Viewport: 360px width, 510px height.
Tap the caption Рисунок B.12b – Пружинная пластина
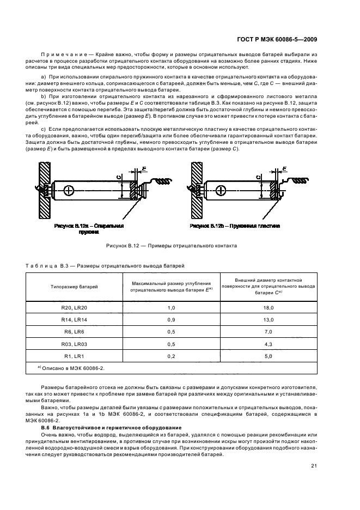[x=235, y=225]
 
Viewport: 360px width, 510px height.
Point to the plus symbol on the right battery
[x=218, y=190]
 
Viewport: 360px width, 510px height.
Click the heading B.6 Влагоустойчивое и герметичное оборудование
[x=106, y=428]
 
